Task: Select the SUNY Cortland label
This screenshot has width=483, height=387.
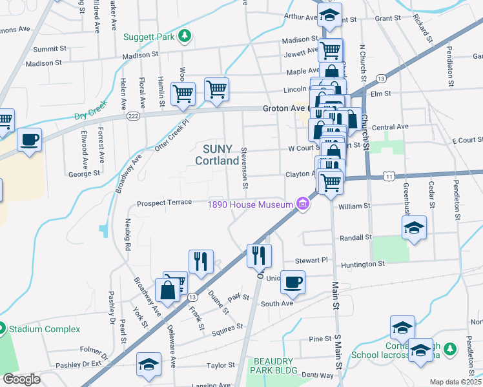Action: pyautogui.click(x=217, y=154)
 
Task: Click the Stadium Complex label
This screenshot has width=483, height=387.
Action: pyautogui.click(x=44, y=329)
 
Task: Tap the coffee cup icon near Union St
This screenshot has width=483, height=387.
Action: pyautogui.click(x=293, y=282)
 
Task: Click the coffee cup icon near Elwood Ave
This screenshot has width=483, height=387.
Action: pyautogui.click(x=29, y=139)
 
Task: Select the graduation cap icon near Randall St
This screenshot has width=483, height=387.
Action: pyautogui.click(x=414, y=227)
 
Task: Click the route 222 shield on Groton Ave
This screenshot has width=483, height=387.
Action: pyautogui.click(x=133, y=115)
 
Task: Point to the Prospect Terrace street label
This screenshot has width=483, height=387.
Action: pyautogui.click(x=164, y=204)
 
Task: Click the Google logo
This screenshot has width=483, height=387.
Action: pyautogui.click(x=21, y=379)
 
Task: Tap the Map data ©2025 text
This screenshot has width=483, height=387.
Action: pyautogui.click(x=455, y=382)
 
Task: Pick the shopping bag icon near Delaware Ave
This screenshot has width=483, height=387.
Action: pyautogui.click(x=167, y=290)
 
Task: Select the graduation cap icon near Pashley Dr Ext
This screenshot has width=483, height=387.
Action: pyautogui.click(x=149, y=364)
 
